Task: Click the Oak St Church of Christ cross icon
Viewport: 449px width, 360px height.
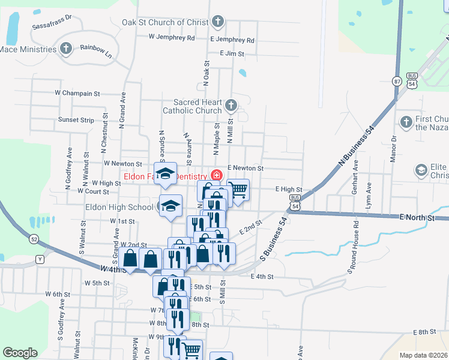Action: [x=217, y=23]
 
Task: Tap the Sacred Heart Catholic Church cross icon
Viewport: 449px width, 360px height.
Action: [x=231, y=107]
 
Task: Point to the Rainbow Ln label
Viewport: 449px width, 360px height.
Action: [x=96, y=53]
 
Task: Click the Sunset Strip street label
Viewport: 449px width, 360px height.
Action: [x=76, y=120]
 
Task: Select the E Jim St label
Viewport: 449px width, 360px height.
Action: [x=232, y=53]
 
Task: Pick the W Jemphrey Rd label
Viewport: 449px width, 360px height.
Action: [x=172, y=37]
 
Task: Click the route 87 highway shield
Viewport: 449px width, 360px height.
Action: [x=397, y=81]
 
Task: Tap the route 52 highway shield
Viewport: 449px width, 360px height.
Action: [x=34, y=239]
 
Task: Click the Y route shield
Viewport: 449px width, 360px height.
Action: [x=40, y=259]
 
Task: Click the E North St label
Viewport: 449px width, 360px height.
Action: [x=417, y=219]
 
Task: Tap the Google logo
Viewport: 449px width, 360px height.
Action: [x=20, y=353]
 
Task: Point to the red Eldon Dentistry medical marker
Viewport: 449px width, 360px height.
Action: [x=216, y=176]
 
